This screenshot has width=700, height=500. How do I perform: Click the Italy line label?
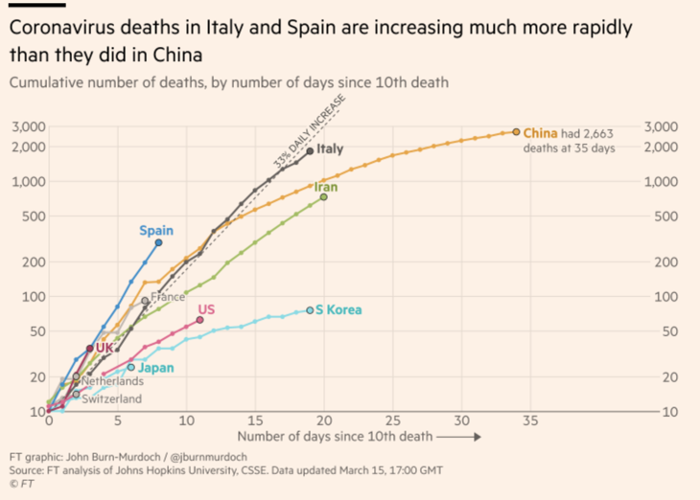(x=331, y=149)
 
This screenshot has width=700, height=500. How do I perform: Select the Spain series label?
(x=156, y=230)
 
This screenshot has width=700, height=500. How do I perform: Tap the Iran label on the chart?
(x=326, y=187)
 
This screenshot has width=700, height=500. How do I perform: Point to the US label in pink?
(x=206, y=308)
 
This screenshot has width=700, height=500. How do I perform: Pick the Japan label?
(x=155, y=367)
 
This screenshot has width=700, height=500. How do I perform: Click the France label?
(x=168, y=297)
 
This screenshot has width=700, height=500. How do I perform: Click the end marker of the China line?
(x=516, y=132)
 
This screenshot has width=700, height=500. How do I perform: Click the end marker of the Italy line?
(x=310, y=150)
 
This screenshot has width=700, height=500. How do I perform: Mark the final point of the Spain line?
(x=158, y=242)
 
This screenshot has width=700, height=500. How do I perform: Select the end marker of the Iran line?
(x=323, y=197)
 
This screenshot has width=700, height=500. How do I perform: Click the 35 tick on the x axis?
(x=530, y=420)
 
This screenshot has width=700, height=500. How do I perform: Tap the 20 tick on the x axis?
(x=324, y=420)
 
